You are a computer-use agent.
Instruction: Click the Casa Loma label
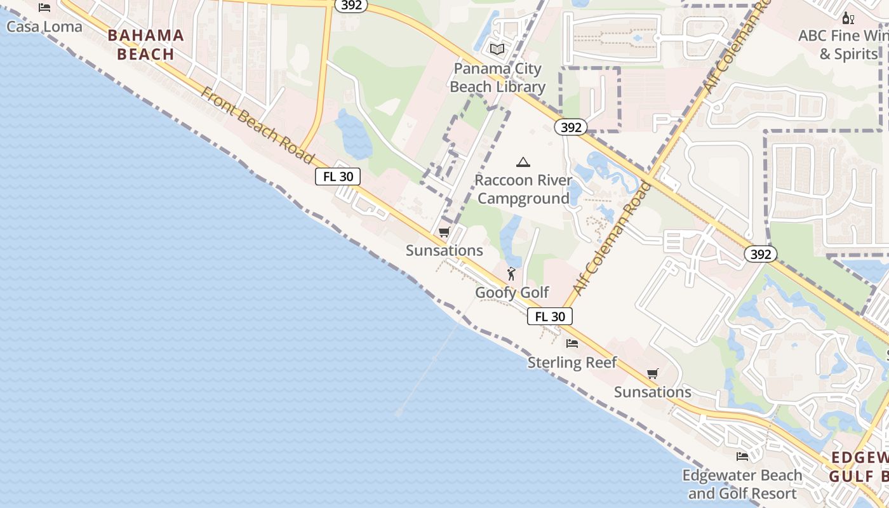[x=44, y=27]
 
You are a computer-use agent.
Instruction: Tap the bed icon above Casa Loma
[x=44, y=8]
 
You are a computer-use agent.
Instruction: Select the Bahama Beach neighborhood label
[x=146, y=44]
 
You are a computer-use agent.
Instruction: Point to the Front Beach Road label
[x=258, y=126]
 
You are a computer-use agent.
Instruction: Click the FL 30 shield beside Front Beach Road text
[x=338, y=177]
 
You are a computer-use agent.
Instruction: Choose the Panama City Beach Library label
[x=498, y=77]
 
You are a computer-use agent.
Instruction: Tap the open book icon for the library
[x=497, y=49]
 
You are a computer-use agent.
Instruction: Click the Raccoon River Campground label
[x=523, y=189]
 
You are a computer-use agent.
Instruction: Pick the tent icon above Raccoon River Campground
[x=523, y=163]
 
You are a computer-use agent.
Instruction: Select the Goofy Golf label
[x=512, y=293]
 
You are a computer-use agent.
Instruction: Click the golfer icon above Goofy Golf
[x=511, y=274]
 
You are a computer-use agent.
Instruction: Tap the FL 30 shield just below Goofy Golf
[x=550, y=316]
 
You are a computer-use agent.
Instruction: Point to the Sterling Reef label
[x=572, y=363]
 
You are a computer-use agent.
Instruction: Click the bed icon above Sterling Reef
[x=572, y=344]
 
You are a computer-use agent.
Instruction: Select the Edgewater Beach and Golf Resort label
[x=742, y=484]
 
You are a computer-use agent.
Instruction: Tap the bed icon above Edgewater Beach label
[x=742, y=456]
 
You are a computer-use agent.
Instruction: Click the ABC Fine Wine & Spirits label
[x=842, y=44]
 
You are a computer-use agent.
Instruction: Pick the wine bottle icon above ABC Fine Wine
[x=847, y=18]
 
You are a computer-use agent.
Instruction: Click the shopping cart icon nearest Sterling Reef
[x=653, y=373]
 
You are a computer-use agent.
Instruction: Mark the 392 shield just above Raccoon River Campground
[x=571, y=128]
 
